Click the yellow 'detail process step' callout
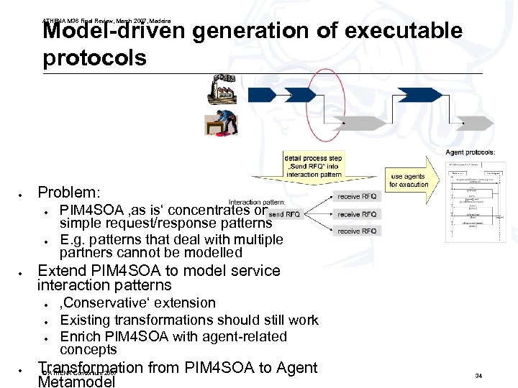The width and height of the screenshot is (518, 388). pyautogui.click(x=314, y=166)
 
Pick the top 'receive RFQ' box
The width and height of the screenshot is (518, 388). pyautogui.click(x=357, y=196)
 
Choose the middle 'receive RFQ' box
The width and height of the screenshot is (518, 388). pyautogui.click(x=357, y=214)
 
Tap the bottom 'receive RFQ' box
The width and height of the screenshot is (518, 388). pyautogui.click(x=357, y=231)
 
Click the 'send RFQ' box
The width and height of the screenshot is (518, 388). pyautogui.click(x=283, y=214)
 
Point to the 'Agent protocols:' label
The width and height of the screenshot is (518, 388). pyautogui.click(x=471, y=152)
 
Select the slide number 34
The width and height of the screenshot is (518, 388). pyautogui.click(x=478, y=375)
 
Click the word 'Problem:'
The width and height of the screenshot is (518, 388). pyautogui.click(x=69, y=193)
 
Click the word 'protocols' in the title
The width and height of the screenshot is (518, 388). pyautogui.click(x=94, y=57)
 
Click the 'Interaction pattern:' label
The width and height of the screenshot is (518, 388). pyautogui.click(x=257, y=203)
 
